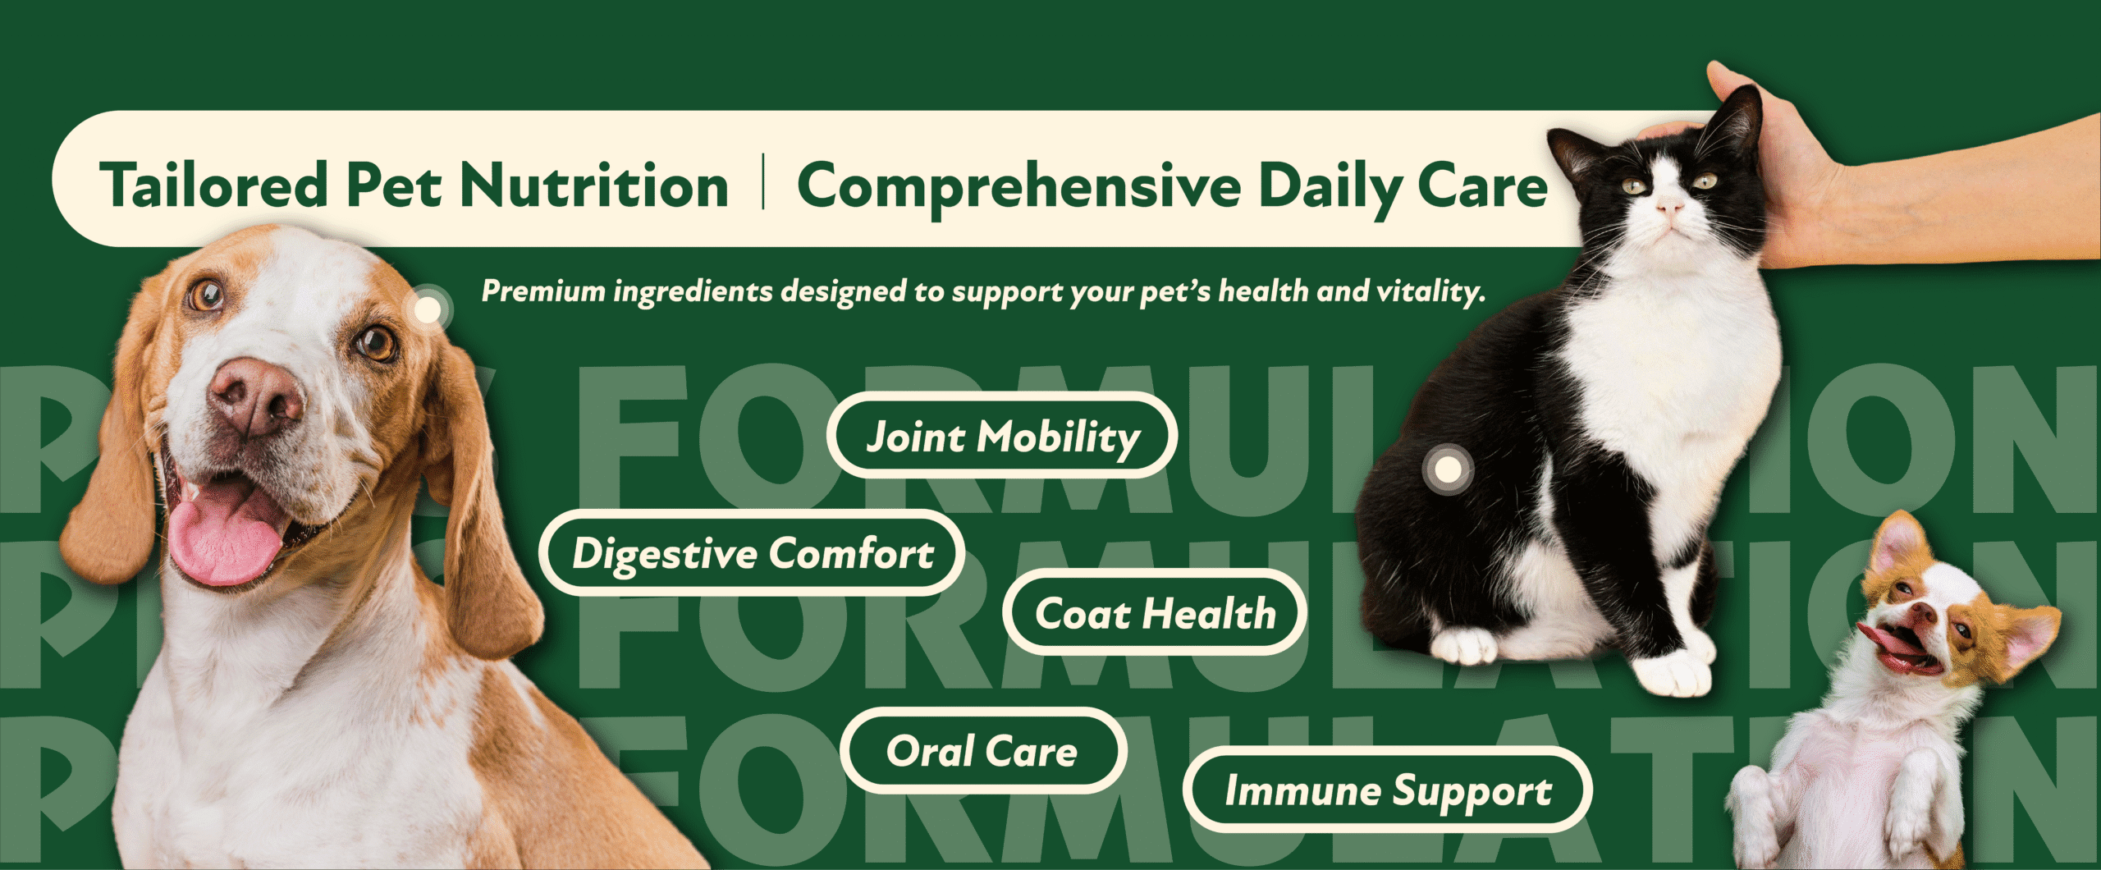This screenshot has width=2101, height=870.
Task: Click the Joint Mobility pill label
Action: (1002, 436)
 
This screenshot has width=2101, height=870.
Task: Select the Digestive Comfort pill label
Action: (752, 553)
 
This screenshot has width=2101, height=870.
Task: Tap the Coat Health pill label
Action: (1155, 613)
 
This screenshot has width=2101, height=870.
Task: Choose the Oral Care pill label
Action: (982, 751)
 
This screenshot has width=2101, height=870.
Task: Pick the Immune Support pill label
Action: (1388, 790)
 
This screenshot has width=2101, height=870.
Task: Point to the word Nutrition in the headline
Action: (593, 185)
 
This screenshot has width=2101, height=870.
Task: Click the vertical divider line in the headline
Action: (763, 182)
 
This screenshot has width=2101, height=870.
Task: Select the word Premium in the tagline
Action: (542, 291)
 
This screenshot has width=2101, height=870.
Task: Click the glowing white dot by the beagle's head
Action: (428, 309)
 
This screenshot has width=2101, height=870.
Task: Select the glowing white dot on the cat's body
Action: (1449, 469)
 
